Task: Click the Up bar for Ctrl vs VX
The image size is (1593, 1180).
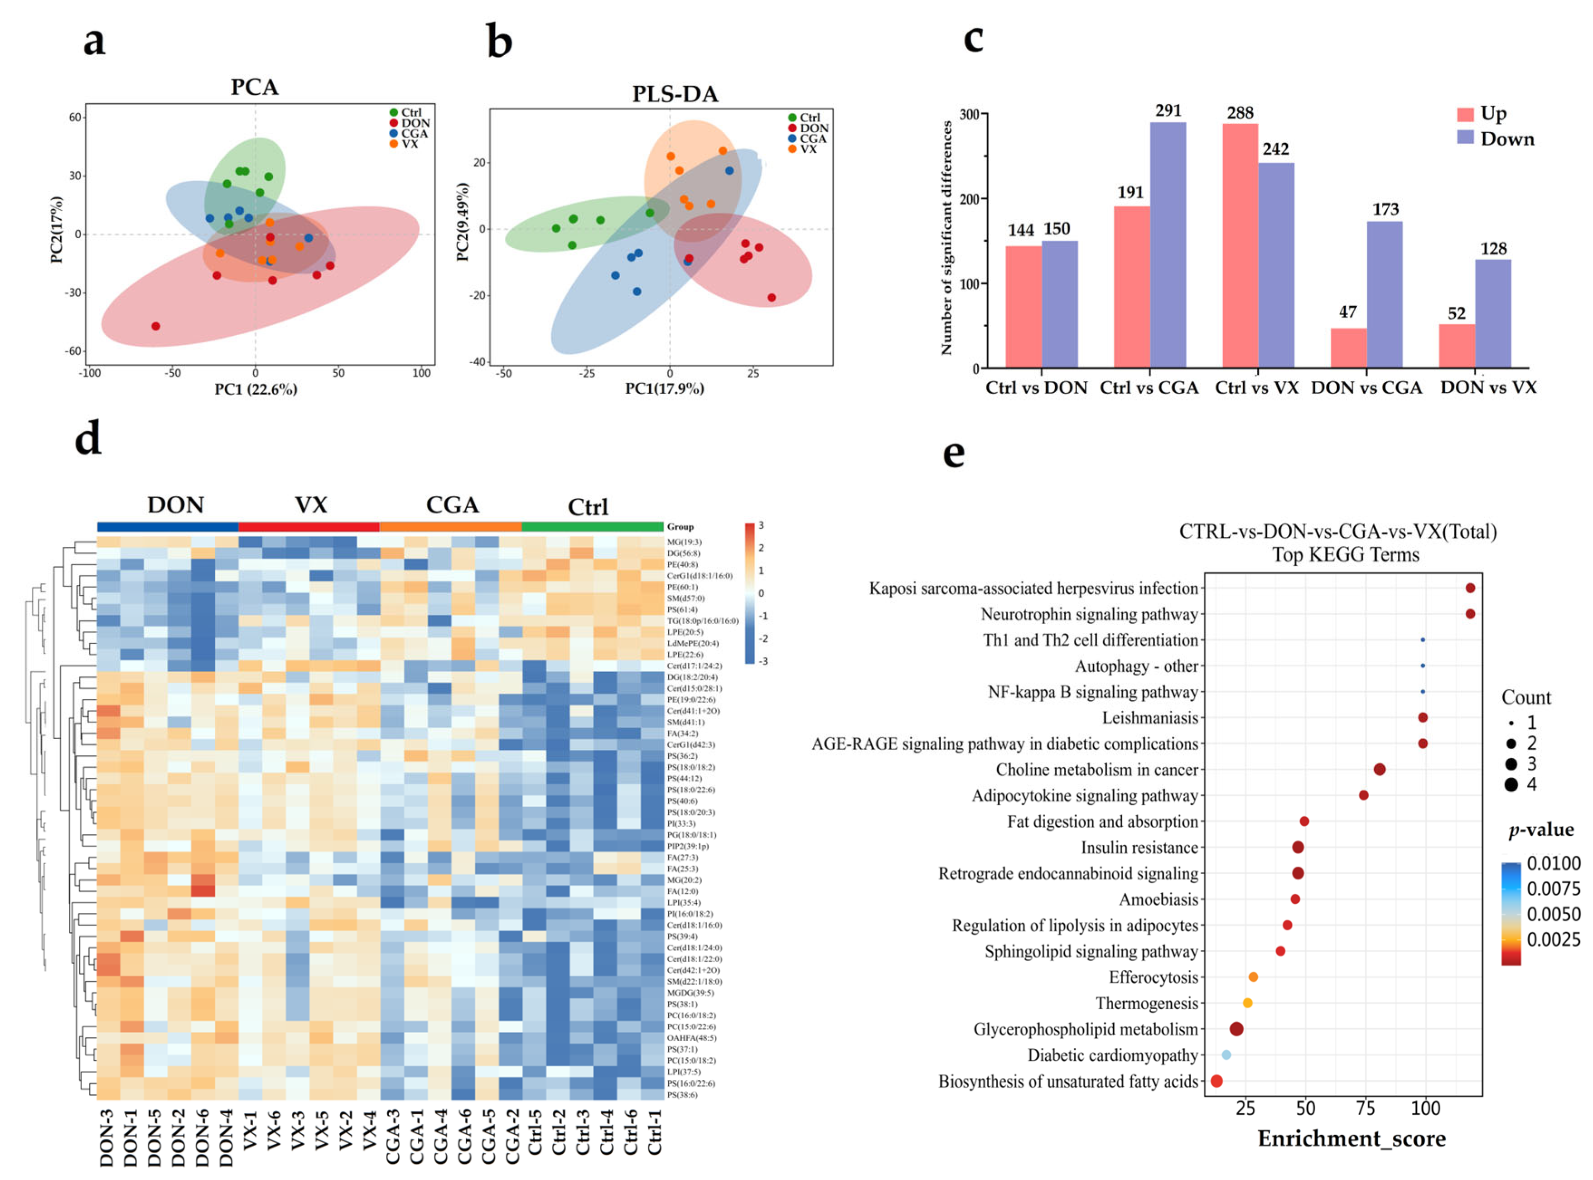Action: [x=1240, y=246]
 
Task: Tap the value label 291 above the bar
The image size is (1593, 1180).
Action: [x=1168, y=111]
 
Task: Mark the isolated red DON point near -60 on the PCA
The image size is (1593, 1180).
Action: [x=156, y=327]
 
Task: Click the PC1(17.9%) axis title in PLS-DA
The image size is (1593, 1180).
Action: [x=664, y=389]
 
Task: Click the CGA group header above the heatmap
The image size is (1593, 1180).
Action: [x=452, y=505]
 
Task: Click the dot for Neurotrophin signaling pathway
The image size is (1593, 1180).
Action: [x=1469, y=614]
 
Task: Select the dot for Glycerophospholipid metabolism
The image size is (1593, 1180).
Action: [x=1236, y=1029]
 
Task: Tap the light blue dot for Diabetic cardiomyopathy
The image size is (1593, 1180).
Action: [x=1226, y=1055]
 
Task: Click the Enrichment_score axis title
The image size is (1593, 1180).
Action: [x=1351, y=1139]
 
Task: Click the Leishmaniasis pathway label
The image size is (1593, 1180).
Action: [x=1149, y=718]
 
